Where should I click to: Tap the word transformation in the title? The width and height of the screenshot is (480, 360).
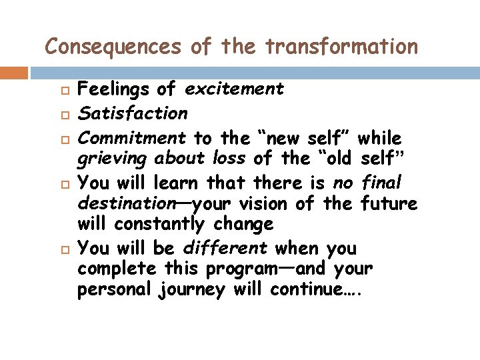[x=341, y=47]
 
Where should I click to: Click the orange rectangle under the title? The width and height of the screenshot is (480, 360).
[x=13, y=73]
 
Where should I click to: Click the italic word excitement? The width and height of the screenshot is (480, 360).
[x=234, y=89]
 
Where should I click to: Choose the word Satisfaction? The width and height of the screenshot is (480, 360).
[x=133, y=113]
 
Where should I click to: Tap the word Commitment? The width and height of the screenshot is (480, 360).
[x=132, y=138]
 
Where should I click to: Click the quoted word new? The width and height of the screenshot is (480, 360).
[x=281, y=139]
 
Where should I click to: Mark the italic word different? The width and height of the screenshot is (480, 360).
[x=225, y=248]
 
